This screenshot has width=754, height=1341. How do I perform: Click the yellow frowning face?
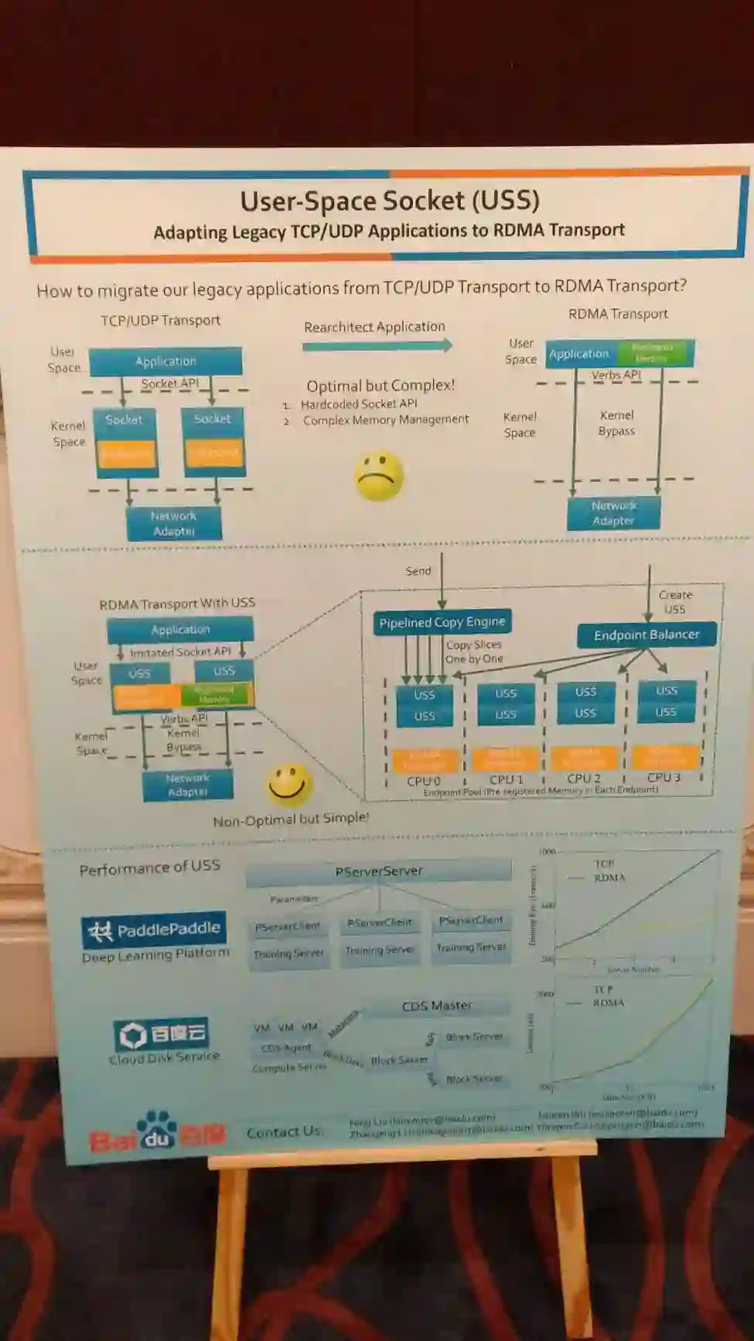click(379, 476)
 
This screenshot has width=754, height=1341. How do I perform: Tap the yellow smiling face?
click(289, 785)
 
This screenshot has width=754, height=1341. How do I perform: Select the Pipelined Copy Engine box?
click(442, 622)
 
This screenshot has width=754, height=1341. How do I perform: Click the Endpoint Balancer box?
click(646, 635)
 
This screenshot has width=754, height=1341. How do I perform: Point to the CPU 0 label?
click(423, 781)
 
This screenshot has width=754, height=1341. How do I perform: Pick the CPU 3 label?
click(664, 778)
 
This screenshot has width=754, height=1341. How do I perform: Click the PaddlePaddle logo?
click(154, 929)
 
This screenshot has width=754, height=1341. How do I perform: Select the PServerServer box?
click(378, 871)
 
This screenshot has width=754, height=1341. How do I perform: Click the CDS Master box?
click(436, 1006)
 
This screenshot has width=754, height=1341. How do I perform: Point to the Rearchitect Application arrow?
click(377, 346)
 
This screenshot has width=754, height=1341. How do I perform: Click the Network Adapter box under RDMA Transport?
click(613, 513)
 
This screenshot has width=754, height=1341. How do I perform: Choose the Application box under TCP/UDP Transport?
click(165, 361)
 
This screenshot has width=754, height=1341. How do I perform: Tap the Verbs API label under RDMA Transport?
click(616, 375)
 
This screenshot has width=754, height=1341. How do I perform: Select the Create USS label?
click(675, 602)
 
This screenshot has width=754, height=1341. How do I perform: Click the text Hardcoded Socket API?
click(358, 404)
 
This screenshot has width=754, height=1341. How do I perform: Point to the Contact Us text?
click(283, 1132)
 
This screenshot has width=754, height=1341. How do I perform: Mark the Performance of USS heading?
click(149, 868)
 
